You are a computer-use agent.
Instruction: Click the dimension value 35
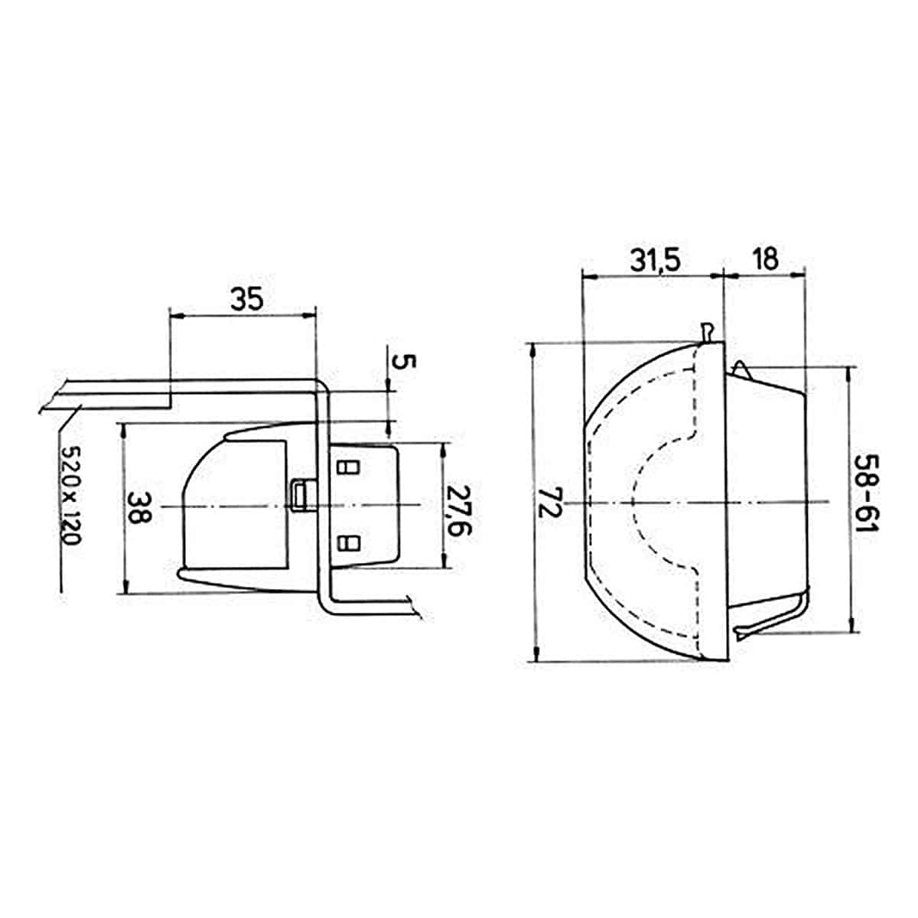247,300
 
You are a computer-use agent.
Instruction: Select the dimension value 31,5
655,261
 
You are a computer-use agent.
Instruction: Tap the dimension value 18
766,259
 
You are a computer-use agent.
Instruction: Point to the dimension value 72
549,503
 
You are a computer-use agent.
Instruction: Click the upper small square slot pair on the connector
348,467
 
